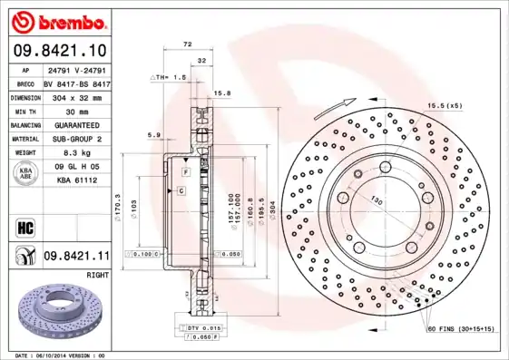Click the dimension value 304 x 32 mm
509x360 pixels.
(x=77, y=96)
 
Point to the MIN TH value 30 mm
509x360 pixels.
(x=77, y=111)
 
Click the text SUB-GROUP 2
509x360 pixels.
(x=77, y=139)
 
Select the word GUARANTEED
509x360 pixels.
(x=77, y=124)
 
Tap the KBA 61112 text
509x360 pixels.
(x=77, y=181)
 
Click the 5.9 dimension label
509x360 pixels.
(x=154, y=136)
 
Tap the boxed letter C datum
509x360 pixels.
(x=181, y=190)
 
